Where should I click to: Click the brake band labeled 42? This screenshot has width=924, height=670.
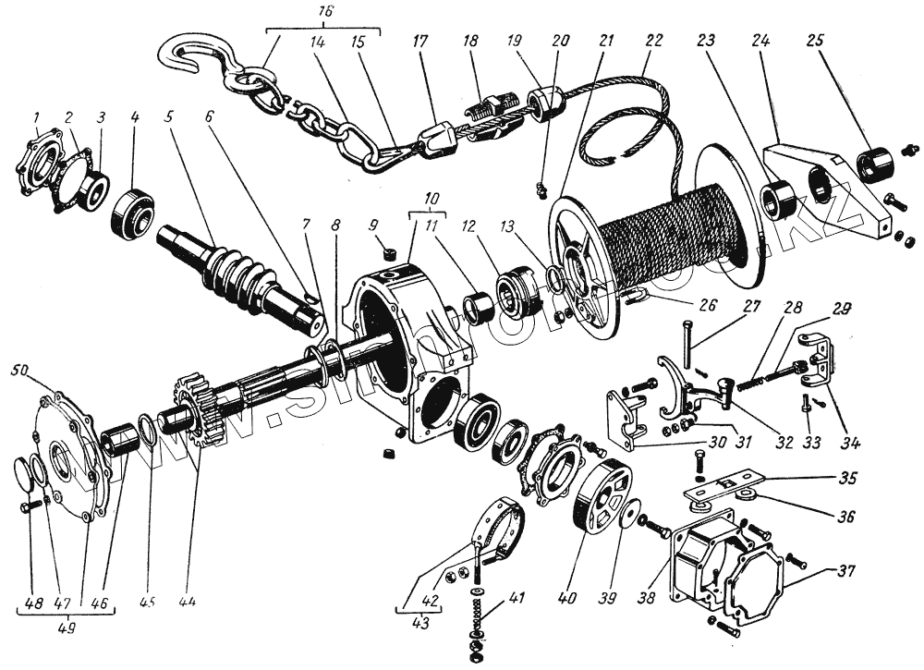504,531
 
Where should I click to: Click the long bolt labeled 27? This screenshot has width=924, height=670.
689,347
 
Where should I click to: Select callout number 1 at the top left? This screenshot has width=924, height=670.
34,118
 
